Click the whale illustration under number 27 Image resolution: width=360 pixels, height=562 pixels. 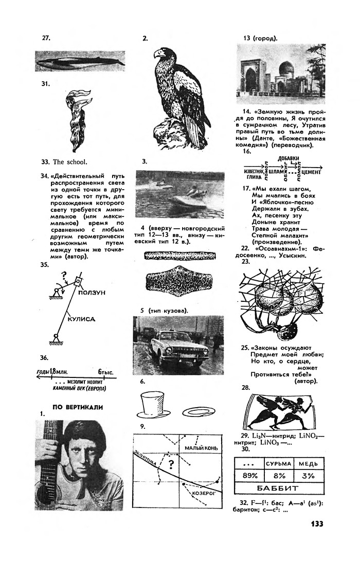(80, 61)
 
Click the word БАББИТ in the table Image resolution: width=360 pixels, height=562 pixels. (281, 488)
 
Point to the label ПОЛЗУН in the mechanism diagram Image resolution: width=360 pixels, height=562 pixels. (93, 292)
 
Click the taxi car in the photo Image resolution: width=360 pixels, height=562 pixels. (177, 347)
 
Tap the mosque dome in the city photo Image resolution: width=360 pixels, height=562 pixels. (286, 69)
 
